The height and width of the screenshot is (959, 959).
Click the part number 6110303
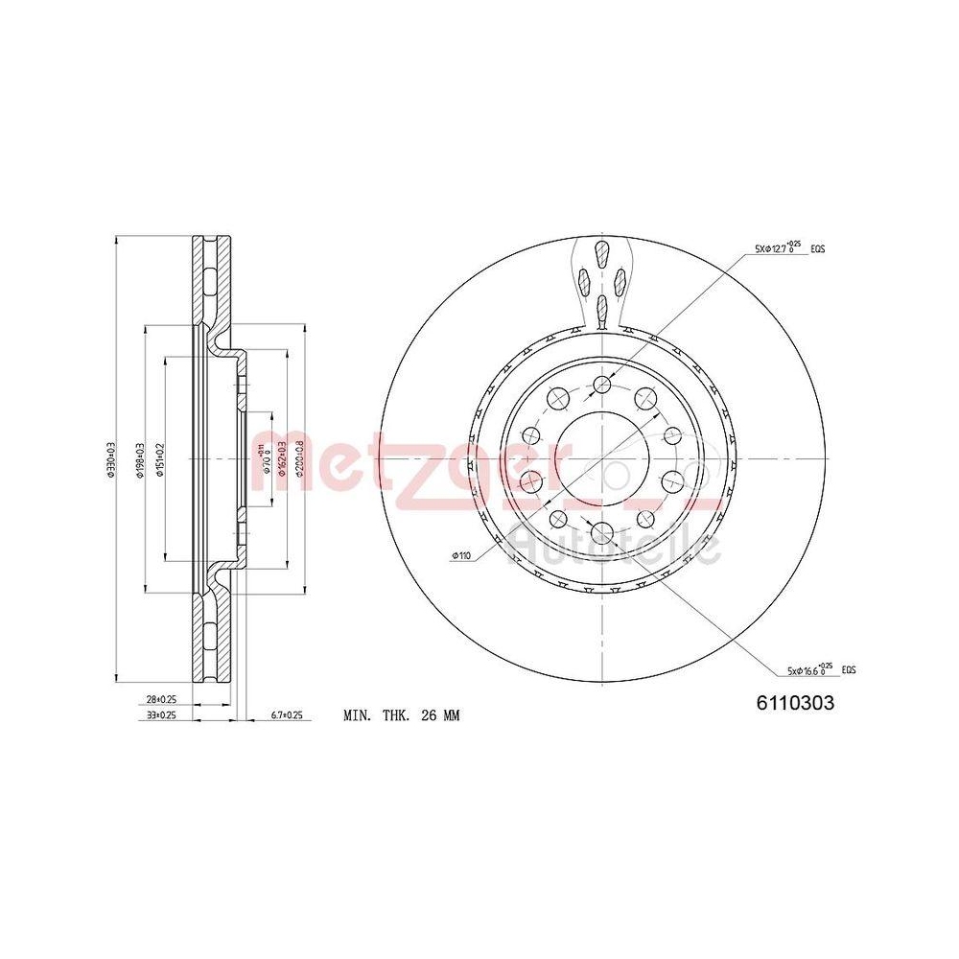(x=795, y=702)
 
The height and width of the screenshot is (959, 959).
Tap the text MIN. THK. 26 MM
(x=401, y=715)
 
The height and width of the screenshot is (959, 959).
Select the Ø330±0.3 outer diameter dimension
(x=111, y=460)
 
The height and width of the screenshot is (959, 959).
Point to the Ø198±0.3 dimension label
(x=141, y=460)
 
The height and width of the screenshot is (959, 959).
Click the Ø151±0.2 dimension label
(x=161, y=460)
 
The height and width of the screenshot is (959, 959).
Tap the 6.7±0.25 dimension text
(x=287, y=715)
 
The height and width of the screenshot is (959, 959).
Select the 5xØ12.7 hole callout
(x=783, y=248)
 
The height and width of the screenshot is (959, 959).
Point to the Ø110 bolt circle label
(x=462, y=555)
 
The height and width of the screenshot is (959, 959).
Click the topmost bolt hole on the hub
(x=601, y=386)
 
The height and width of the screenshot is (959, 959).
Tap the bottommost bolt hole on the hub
(x=601, y=532)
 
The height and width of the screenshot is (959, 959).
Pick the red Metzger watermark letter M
(x=278, y=462)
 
